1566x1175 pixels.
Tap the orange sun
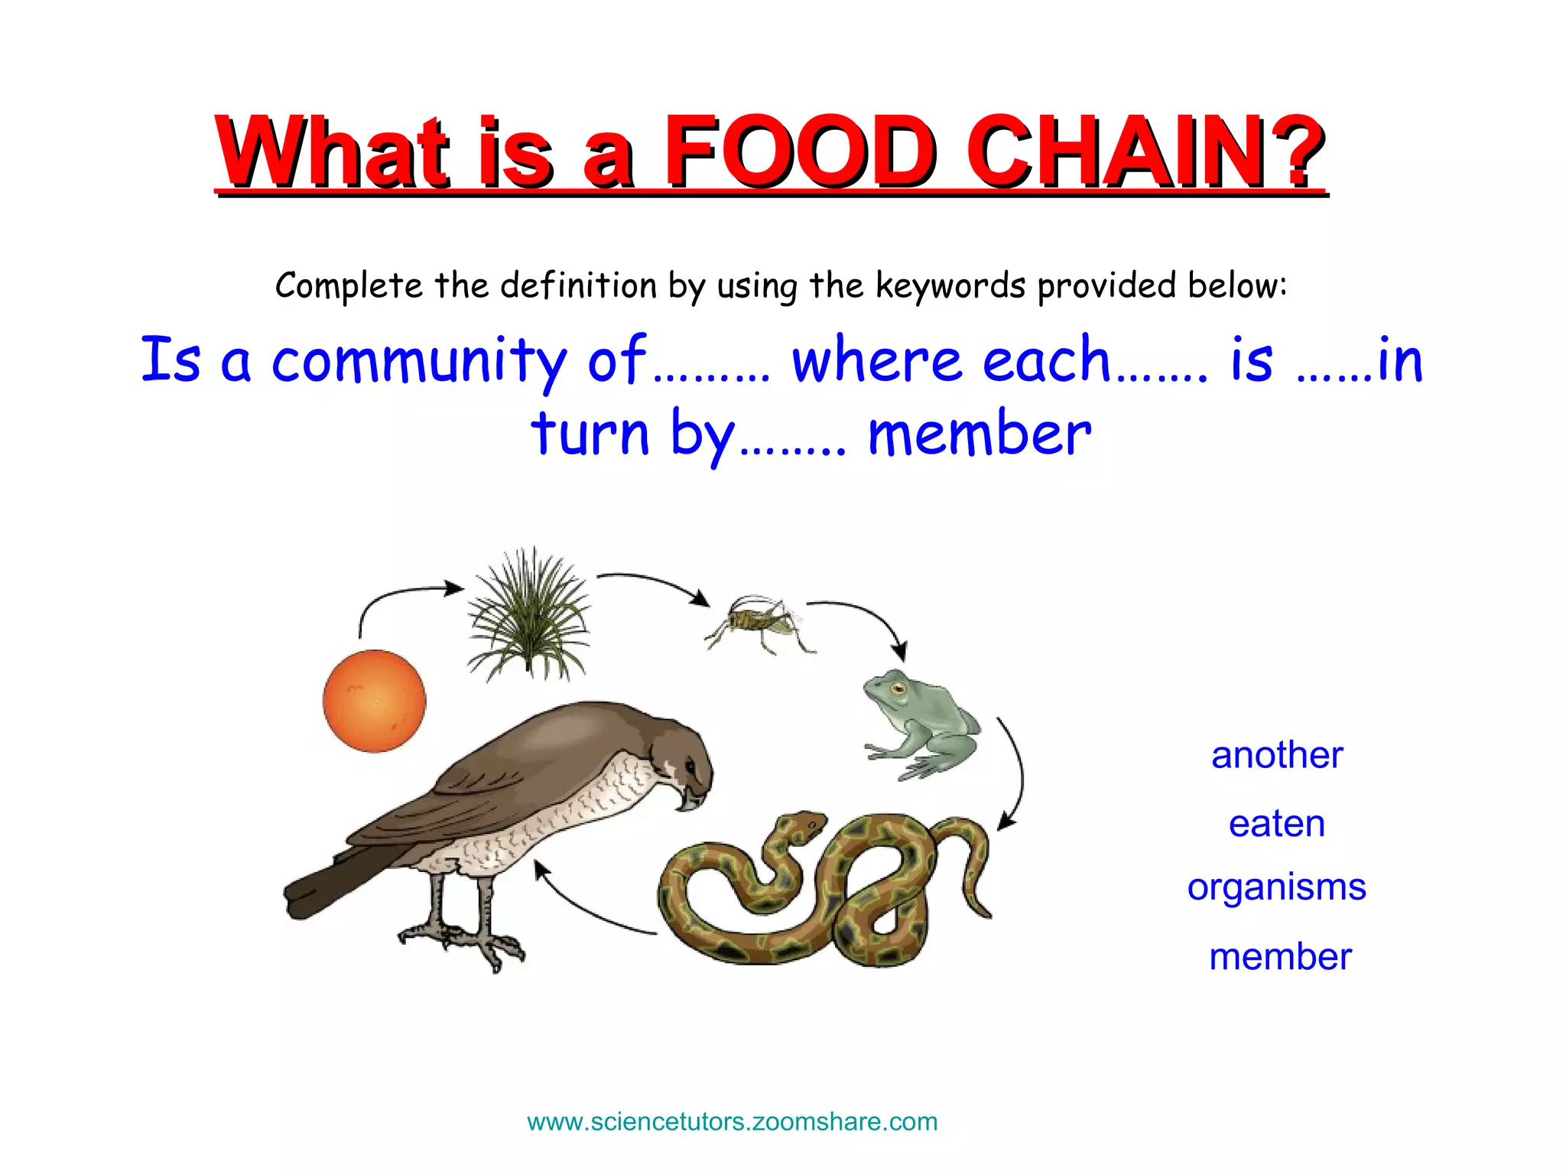pos(374,701)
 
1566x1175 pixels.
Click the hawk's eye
pos(690,765)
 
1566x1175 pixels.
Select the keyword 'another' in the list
pos(1277,755)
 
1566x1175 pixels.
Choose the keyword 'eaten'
pos(1276,823)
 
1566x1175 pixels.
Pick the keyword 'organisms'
pos(1276,887)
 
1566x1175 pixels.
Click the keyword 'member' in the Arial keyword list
pos(1280,956)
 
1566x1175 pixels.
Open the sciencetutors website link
pos(732,1121)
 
